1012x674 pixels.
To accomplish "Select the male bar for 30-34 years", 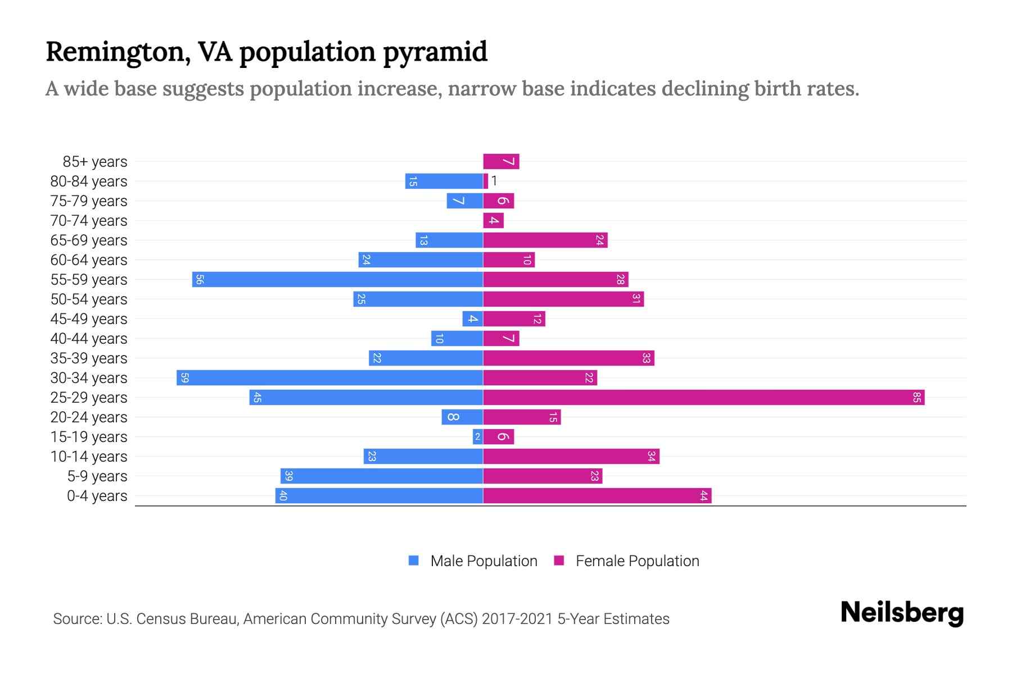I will (330, 378).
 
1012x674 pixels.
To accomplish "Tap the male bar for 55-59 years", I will (337, 280).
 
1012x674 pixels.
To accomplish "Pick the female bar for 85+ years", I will (501, 162).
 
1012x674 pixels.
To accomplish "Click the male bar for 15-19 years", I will (478, 437).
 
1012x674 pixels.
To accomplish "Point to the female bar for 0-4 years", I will (597, 496).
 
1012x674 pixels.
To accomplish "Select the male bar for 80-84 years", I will (444, 181).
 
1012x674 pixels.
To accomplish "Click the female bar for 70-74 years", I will (493, 221).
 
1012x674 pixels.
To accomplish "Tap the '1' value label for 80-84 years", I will (494, 181).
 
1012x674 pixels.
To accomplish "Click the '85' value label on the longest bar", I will (916, 398).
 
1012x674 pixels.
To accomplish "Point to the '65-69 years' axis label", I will (89, 240).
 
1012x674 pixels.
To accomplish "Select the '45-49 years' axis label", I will (89, 319).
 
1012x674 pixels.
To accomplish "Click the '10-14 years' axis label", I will (89, 457).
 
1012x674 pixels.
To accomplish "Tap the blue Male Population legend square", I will (414, 561).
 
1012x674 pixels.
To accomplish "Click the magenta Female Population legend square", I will (559, 561).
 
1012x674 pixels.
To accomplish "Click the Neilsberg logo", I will (902, 613).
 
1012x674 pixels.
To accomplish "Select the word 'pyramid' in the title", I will (435, 52).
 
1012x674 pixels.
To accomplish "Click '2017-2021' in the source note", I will (517, 619).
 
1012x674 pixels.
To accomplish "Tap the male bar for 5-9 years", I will (382, 476).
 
